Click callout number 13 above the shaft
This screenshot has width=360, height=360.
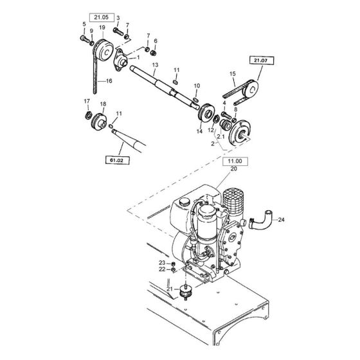coord(155,66)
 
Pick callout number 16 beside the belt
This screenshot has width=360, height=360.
coord(109,82)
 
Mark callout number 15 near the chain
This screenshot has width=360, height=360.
coord(232,75)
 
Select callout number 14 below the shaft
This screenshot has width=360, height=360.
coord(199,131)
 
